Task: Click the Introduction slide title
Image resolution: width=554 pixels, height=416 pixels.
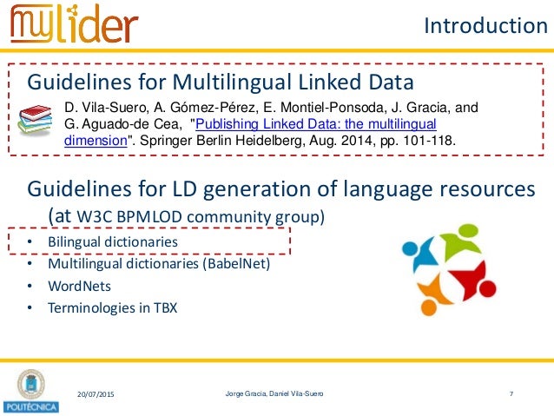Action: click(485, 26)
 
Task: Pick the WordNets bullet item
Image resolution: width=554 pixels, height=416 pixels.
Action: click(80, 285)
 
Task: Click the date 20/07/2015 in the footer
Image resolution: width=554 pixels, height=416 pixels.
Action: click(94, 395)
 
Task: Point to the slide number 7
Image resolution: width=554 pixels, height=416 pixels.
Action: click(511, 395)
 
